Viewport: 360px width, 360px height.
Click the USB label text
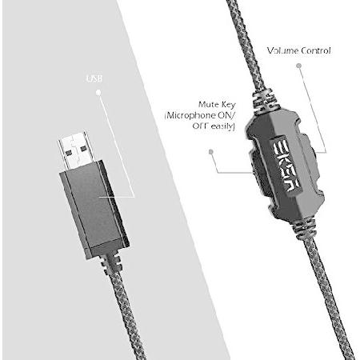click(94, 78)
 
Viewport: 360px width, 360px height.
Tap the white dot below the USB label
click(98, 93)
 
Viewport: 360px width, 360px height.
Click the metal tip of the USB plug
click(76, 150)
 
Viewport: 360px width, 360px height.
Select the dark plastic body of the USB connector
click(94, 209)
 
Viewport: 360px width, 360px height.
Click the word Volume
click(282, 50)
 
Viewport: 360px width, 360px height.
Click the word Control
click(315, 50)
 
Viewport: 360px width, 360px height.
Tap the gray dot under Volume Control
click(299, 66)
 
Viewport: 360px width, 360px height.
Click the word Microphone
click(190, 116)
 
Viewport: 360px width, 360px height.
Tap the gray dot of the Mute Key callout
click(211, 152)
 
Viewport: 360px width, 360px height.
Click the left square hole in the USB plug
click(69, 152)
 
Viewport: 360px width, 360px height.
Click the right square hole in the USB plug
click(84, 148)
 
